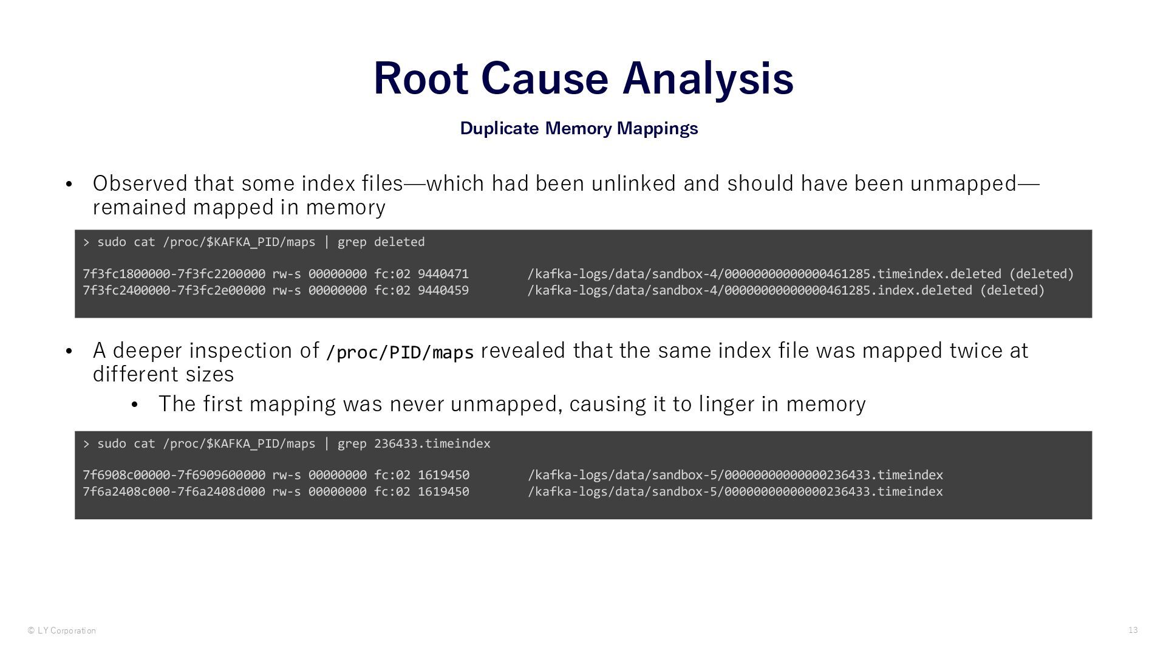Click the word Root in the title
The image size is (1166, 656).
click(420, 78)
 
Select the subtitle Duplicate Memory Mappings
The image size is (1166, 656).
click(579, 128)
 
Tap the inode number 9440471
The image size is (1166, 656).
click(443, 274)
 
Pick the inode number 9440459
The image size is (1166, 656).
click(443, 290)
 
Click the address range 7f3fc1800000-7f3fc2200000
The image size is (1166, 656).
click(174, 274)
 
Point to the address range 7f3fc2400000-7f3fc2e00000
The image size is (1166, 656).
click(174, 290)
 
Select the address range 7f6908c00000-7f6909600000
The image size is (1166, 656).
click(174, 475)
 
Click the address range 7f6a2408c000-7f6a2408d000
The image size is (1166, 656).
click(174, 491)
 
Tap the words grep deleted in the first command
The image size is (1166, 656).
click(381, 242)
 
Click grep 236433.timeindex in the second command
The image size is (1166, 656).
click(414, 443)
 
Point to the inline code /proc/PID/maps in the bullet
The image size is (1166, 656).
click(400, 352)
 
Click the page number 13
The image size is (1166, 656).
click(1133, 630)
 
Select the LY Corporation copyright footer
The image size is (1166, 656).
click(61, 630)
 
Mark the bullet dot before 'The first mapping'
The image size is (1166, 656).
click(135, 405)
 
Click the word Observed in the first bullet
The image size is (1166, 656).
click(140, 183)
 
